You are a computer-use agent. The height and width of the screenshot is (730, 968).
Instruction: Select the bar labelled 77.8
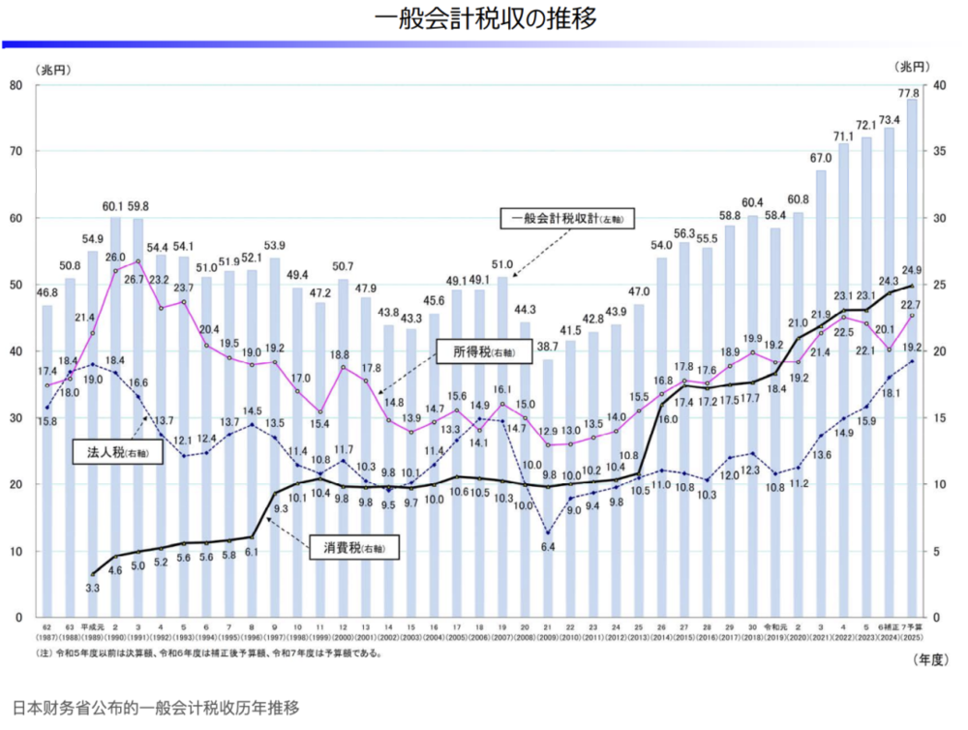pyautogui.click(x=912, y=358)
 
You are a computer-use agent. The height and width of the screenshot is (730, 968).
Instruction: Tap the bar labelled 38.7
pyautogui.click(x=547, y=488)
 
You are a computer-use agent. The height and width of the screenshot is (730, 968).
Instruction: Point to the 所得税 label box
pyautogui.click(x=475, y=352)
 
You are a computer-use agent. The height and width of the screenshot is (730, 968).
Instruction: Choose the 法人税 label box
pyautogui.click(x=116, y=452)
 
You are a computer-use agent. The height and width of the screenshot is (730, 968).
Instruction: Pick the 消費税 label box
pyautogui.click(x=354, y=548)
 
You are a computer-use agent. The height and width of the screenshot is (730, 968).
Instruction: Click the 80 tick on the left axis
pyautogui.click(x=16, y=85)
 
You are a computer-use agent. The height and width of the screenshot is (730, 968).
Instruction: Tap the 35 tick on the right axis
pyautogui.click(x=937, y=152)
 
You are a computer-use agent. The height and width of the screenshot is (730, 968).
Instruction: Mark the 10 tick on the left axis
pyautogui.click(x=16, y=551)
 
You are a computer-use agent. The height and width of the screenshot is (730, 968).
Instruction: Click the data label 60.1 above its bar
pyautogui.click(x=115, y=205)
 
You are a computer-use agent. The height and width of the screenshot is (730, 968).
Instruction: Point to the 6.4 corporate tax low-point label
pyautogui.click(x=547, y=547)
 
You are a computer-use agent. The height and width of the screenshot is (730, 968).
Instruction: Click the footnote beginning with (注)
pyautogui.click(x=208, y=654)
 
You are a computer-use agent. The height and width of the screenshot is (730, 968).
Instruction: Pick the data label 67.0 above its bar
pyautogui.click(x=823, y=158)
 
